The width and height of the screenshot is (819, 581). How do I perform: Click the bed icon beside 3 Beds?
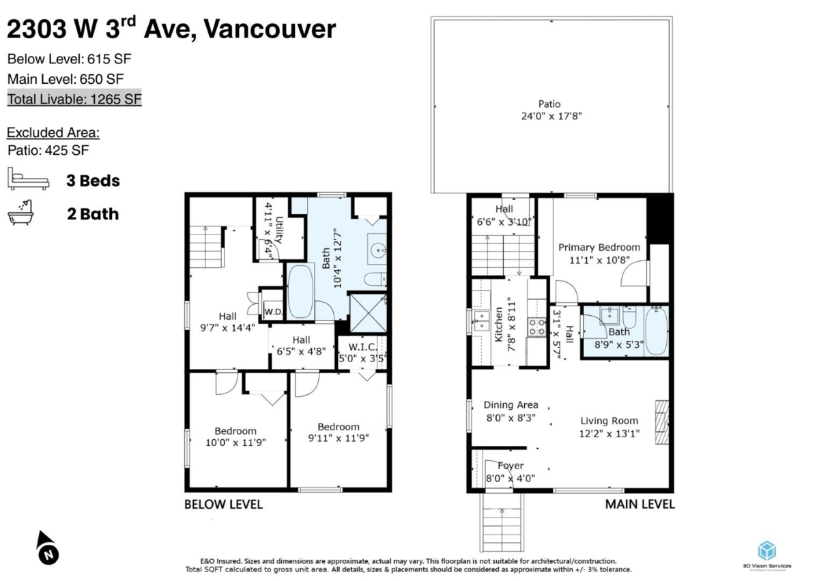(28, 180)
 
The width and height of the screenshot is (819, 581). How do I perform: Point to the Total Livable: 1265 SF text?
(74, 99)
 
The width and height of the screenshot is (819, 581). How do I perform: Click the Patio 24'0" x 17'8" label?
(549, 110)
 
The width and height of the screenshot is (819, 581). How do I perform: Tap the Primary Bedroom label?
(599, 253)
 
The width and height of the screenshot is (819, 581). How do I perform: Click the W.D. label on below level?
(273, 312)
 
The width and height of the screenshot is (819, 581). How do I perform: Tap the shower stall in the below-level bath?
(367, 312)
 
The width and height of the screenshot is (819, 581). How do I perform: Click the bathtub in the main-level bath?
(656, 331)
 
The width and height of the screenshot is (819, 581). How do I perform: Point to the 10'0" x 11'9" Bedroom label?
(235, 436)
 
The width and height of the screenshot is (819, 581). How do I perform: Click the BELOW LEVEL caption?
(223, 505)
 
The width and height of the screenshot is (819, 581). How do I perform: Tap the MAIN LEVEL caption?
(640, 505)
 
